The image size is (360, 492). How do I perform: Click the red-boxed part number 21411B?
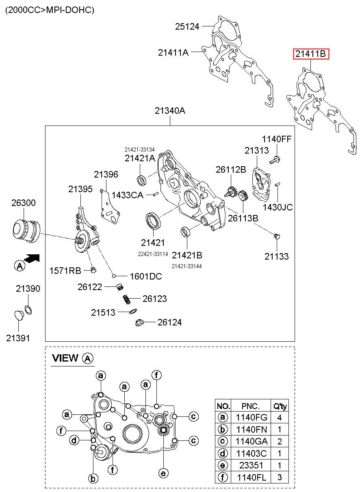(x=311, y=54)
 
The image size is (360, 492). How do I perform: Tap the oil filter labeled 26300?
(x=26, y=230)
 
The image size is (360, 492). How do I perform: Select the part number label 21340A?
(x=170, y=111)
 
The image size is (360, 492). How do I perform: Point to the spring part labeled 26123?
(x=126, y=299)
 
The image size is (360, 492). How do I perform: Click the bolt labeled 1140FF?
(x=274, y=160)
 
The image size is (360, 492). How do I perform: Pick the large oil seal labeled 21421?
(x=153, y=221)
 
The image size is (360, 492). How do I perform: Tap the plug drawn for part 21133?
(x=277, y=236)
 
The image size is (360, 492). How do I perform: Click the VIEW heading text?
(x=65, y=358)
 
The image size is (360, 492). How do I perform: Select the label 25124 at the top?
(x=187, y=26)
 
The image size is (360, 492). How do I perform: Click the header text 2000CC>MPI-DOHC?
(x=50, y=10)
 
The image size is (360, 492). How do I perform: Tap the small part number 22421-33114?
(x=153, y=254)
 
